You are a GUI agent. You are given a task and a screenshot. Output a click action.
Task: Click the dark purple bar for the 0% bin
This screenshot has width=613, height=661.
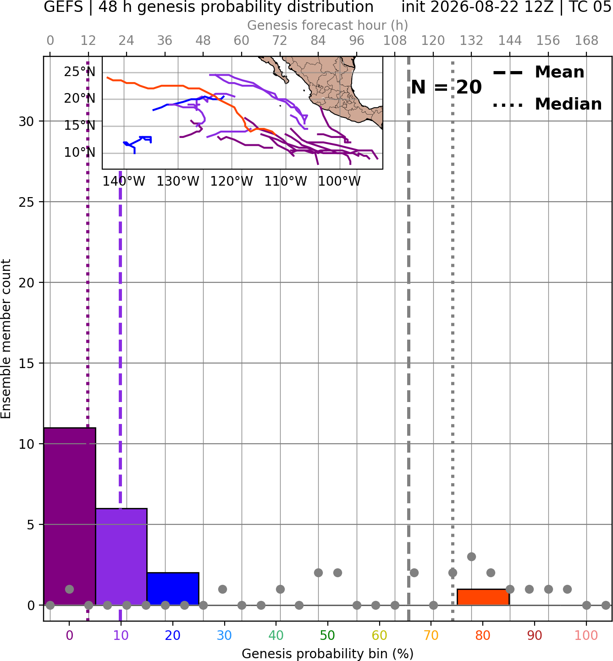[70, 516]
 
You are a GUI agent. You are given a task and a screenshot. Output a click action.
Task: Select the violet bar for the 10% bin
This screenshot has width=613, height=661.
[121, 556]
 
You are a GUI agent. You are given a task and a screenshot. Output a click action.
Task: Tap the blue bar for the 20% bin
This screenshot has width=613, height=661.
[173, 589]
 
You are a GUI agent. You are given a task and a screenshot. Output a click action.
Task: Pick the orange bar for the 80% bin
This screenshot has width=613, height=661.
[483, 597]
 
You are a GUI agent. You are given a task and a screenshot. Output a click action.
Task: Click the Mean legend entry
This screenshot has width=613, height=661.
[538, 72]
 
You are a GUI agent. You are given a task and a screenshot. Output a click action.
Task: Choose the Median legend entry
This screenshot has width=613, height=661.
[547, 104]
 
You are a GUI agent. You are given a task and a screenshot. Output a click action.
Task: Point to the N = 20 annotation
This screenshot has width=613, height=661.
[446, 87]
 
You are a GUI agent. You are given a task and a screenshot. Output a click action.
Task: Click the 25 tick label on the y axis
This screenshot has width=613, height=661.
[27, 202]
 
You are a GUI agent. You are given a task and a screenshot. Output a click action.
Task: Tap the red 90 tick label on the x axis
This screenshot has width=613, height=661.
[535, 635]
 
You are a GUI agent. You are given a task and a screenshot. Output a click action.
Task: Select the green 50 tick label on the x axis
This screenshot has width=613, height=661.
[327, 635]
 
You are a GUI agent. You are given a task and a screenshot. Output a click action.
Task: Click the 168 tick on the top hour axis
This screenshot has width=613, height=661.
[587, 41]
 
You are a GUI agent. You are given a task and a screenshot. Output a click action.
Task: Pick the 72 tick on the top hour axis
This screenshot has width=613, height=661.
[280, 41]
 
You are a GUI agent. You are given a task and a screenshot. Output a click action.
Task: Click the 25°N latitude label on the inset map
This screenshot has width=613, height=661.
[80, 72]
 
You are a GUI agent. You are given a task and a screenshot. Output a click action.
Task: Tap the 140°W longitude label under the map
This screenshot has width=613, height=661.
[124, 182]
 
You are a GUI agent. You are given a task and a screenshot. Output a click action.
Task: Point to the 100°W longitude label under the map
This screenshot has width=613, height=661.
[339, 182]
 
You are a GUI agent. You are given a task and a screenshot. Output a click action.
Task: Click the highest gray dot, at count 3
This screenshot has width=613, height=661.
[471, 556]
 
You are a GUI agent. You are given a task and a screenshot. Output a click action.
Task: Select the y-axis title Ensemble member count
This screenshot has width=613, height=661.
[6, 339]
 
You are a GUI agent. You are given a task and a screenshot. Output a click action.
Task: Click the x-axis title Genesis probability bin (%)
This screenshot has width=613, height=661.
[328, 654]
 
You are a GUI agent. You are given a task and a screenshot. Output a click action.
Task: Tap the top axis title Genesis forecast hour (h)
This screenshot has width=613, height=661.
[328, 25]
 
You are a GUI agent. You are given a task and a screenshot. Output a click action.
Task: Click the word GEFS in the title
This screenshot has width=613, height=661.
[63, 7]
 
